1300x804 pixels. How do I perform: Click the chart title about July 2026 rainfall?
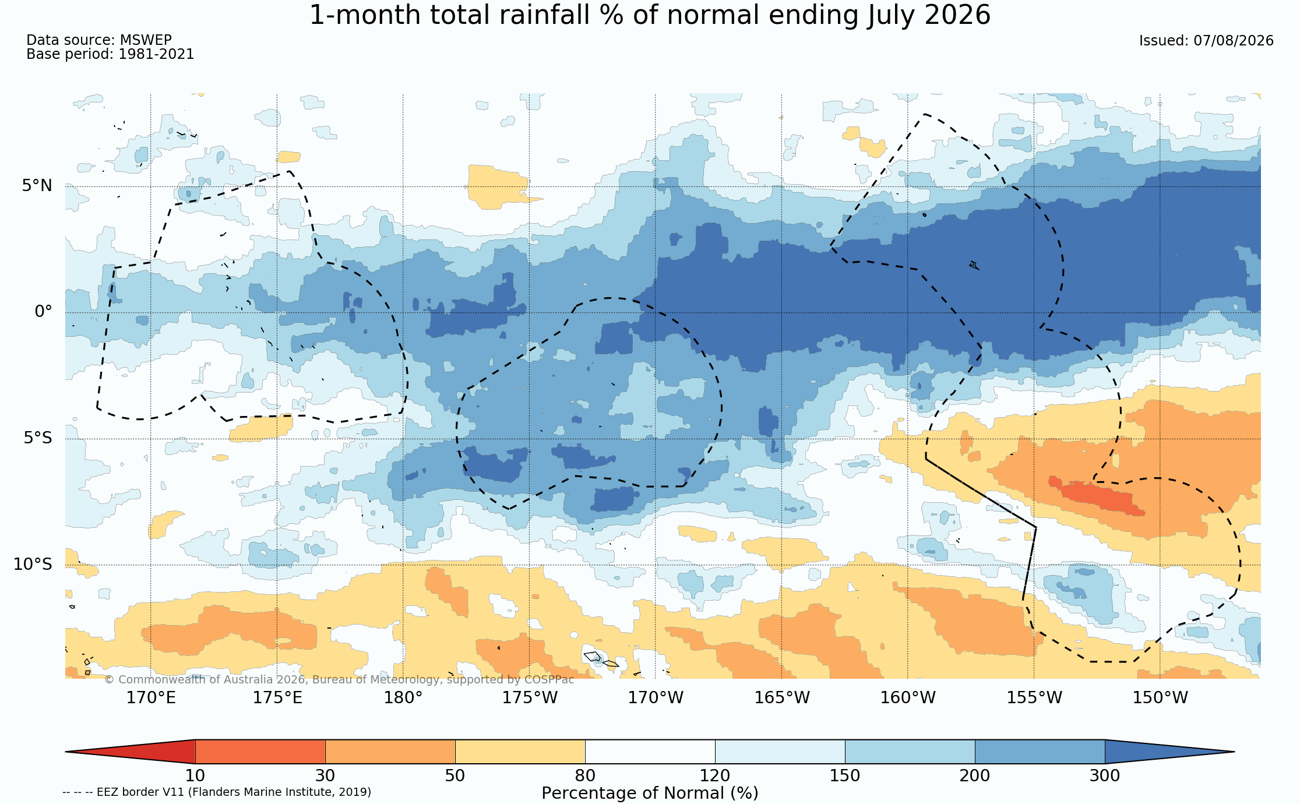tap(650, 15)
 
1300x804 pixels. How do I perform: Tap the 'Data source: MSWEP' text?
tap(99, 40)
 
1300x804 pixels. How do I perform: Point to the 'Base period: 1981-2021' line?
tap(110, 54)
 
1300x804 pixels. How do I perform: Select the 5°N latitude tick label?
tap(37, 186)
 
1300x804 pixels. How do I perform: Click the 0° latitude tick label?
tap(43, 312)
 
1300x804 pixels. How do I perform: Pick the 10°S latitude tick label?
tap(33, 564)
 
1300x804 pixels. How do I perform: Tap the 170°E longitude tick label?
tap(151, 697)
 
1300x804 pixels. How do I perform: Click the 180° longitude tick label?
tap(403, 697)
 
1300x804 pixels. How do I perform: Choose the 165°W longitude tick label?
tap(782, 697)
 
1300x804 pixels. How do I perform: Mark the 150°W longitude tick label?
tap(1160, 697)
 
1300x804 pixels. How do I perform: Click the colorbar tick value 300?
tap(1105, 776)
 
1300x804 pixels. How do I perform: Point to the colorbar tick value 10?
tap(195, 776)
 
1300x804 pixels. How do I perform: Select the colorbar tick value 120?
tap(715, 776)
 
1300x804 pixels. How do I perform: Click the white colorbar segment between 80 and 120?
tap(650, 752)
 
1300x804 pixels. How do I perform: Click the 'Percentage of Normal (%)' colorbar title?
tap(650, 794)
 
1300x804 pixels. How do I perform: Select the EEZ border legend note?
tap(217, 792)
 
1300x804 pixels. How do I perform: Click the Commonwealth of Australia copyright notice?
tap(339, 680)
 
